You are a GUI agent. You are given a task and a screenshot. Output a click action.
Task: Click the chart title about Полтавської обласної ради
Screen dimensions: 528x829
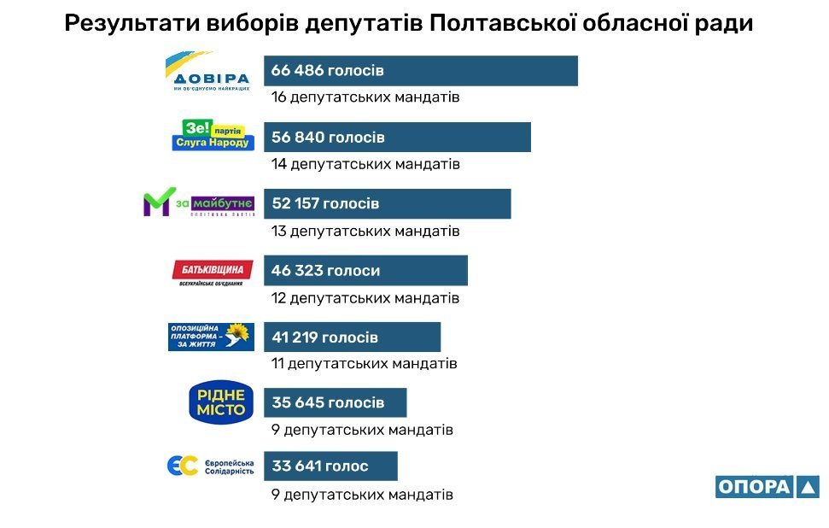pos(409,23)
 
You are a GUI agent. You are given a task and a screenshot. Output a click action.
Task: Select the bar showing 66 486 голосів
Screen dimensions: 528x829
pos(420,71)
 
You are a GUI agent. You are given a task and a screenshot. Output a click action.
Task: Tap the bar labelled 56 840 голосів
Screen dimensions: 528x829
pos(397,138)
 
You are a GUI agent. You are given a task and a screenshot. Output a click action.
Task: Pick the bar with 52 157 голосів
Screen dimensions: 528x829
pos(387,204)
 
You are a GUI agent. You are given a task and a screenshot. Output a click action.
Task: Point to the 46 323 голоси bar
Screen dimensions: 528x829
pos(365,271)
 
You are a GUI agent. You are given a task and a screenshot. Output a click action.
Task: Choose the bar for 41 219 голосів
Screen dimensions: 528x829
pos(352,337)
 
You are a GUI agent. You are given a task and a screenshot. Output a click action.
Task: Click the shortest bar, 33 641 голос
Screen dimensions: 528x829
pos(330,466)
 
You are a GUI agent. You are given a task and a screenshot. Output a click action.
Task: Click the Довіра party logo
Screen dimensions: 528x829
pos(207,72)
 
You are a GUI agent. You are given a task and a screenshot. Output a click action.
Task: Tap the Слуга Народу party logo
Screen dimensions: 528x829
pos(212,136)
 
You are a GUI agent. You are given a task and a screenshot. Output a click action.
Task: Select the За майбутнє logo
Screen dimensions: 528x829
pos(198,202)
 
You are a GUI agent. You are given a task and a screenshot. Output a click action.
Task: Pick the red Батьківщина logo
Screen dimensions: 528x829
pos(212,273)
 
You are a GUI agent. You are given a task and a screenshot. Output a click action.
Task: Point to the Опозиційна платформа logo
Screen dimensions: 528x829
pos(210,337)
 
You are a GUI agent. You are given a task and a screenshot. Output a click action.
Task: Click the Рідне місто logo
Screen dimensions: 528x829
pos(221,402)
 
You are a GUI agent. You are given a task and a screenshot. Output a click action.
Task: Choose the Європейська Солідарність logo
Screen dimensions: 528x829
pos(210,466)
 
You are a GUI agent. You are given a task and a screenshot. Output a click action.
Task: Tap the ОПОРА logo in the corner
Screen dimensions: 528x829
pos(767,487)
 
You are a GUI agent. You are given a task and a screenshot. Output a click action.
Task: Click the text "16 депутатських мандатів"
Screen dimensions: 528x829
pos(365,97)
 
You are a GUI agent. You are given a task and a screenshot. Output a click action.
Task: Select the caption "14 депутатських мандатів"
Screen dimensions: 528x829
pos(365,164)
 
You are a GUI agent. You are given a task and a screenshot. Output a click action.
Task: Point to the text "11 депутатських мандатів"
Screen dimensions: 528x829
pos(365,364)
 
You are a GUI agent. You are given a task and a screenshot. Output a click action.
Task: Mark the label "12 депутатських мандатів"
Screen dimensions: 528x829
pos(365,298)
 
